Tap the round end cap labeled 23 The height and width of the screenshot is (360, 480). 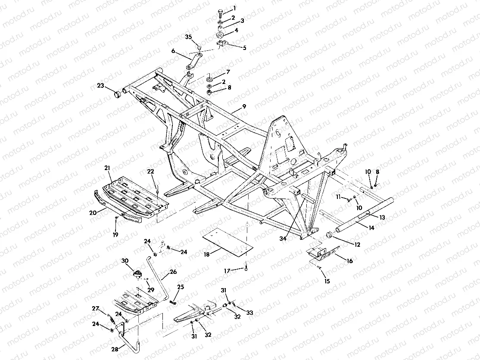coord(116,94)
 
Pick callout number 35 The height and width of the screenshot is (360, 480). coord(188,37)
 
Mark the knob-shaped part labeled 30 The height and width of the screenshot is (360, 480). coord(138,273)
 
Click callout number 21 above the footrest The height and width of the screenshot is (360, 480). coord(107,167)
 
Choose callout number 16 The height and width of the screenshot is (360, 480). coord(349,261)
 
